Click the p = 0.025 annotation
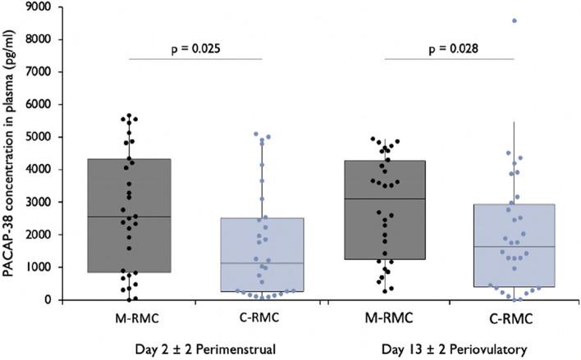[x=195, y=47]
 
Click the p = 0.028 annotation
[x=448, y=47]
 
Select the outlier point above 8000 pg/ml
[x=515, y=21]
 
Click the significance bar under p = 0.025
[x=195, y=58]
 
